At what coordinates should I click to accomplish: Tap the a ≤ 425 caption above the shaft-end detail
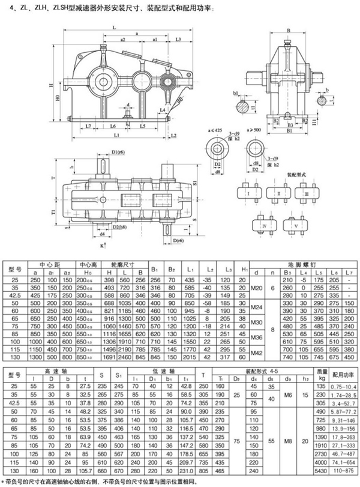pyautogui.click(x=216, y=129)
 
